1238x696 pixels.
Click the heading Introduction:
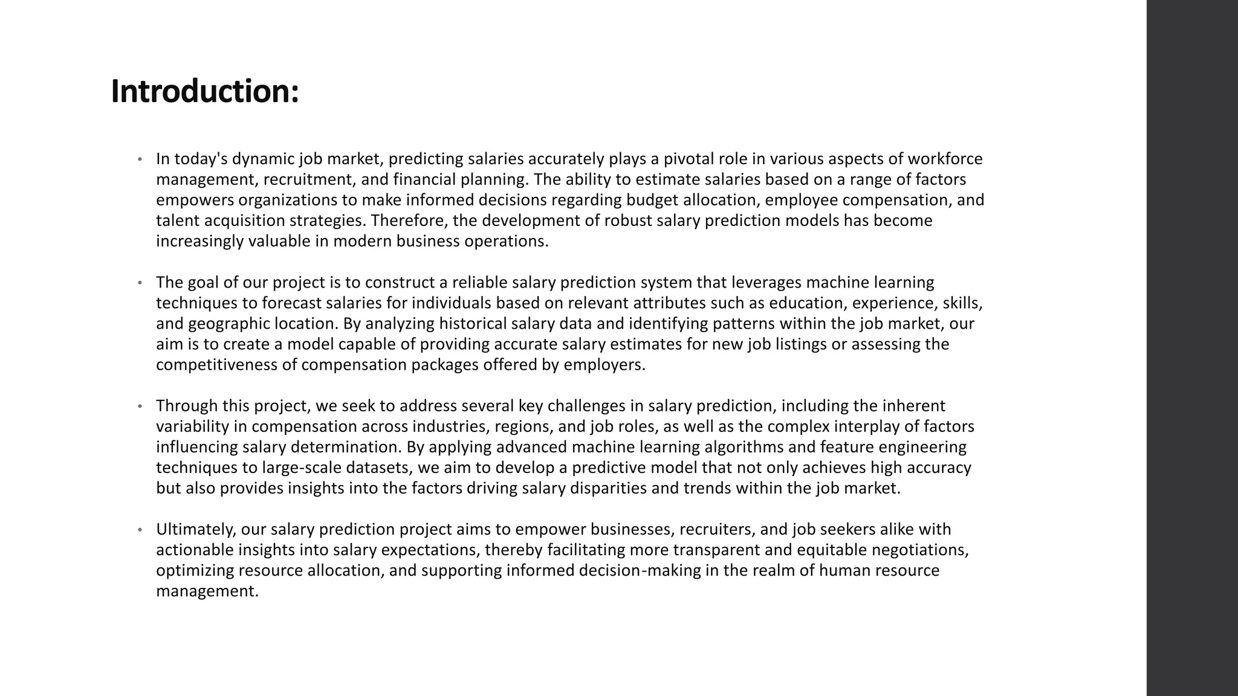(205, 92)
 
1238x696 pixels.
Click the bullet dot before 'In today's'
(140, 159)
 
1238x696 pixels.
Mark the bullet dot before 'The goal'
(140, 283)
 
